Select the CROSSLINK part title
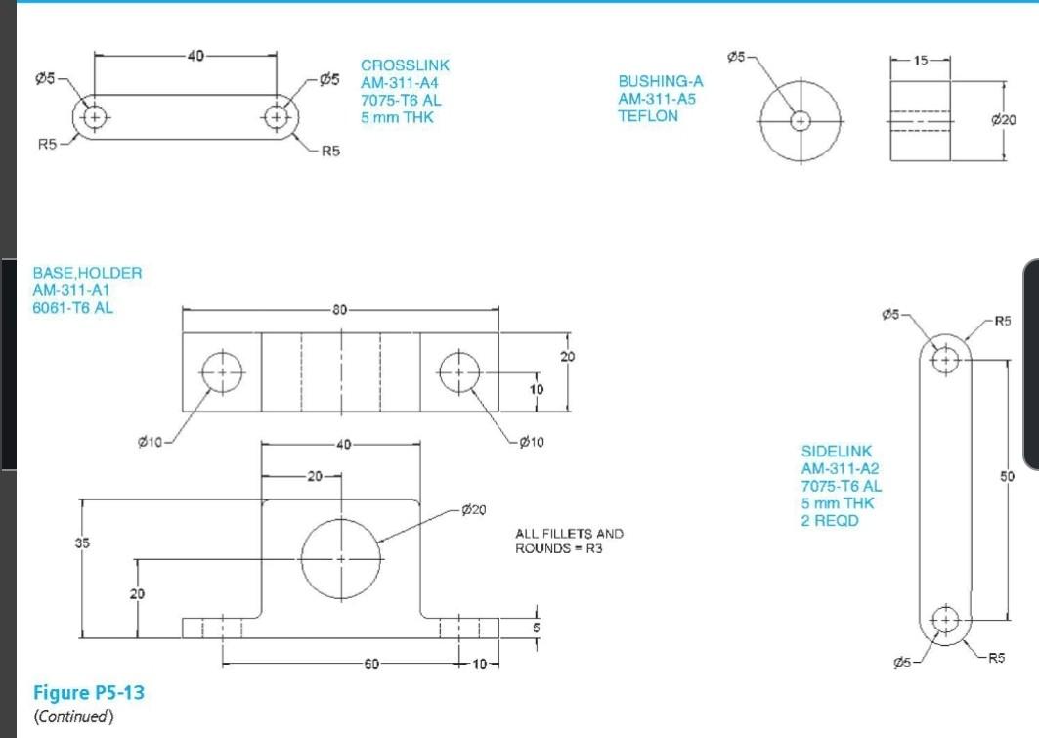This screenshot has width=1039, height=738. [405, 65]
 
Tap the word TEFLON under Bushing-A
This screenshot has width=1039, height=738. [647, 115]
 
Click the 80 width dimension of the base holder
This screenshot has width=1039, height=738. [339, 311]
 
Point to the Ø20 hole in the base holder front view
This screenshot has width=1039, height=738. [340, 558]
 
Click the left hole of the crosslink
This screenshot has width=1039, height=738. [94, 117]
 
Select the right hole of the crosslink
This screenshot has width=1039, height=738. [278, 117]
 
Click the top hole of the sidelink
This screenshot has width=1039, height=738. [945, 359]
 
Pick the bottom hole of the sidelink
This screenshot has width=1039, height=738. [945, 619]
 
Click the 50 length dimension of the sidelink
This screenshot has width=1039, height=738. [1008, 476]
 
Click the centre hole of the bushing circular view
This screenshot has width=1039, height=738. [801, 121]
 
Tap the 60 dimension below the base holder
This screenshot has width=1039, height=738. [370, 665]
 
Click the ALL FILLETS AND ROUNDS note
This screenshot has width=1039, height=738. [568, 541]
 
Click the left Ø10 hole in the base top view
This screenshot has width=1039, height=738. [222, 372]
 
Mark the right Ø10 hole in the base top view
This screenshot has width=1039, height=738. [458, 372]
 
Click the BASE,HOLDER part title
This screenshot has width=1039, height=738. [87, 273]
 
